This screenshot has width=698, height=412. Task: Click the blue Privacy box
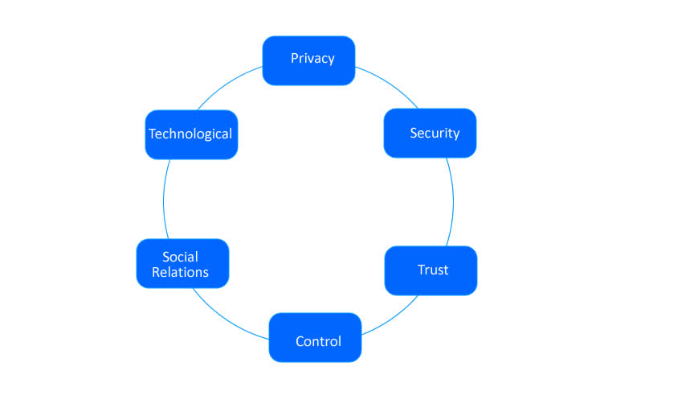[x=308, y=60]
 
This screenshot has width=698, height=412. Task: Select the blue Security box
[x=430, y=133]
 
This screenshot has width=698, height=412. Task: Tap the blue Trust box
[x=431, y=270]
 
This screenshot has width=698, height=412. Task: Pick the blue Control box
[x=315, y=338]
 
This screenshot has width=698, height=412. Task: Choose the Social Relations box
[x=182, y=263]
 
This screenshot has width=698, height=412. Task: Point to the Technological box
[x=191, y=134]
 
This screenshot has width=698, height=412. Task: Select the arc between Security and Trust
[x=453, y=201]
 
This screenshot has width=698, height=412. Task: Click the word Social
[x=180, y=257]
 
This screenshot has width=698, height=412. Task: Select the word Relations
[x=180, y=272]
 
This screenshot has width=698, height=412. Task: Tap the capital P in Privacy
[x=295, y=59]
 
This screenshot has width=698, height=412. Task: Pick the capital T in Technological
[x=153, y=134]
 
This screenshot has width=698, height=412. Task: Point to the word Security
[x=435, y=133]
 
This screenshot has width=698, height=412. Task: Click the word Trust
[x=433, y=270]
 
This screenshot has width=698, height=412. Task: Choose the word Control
[x=318, y=341]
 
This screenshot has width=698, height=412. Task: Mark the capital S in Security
[x=414, y=133]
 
